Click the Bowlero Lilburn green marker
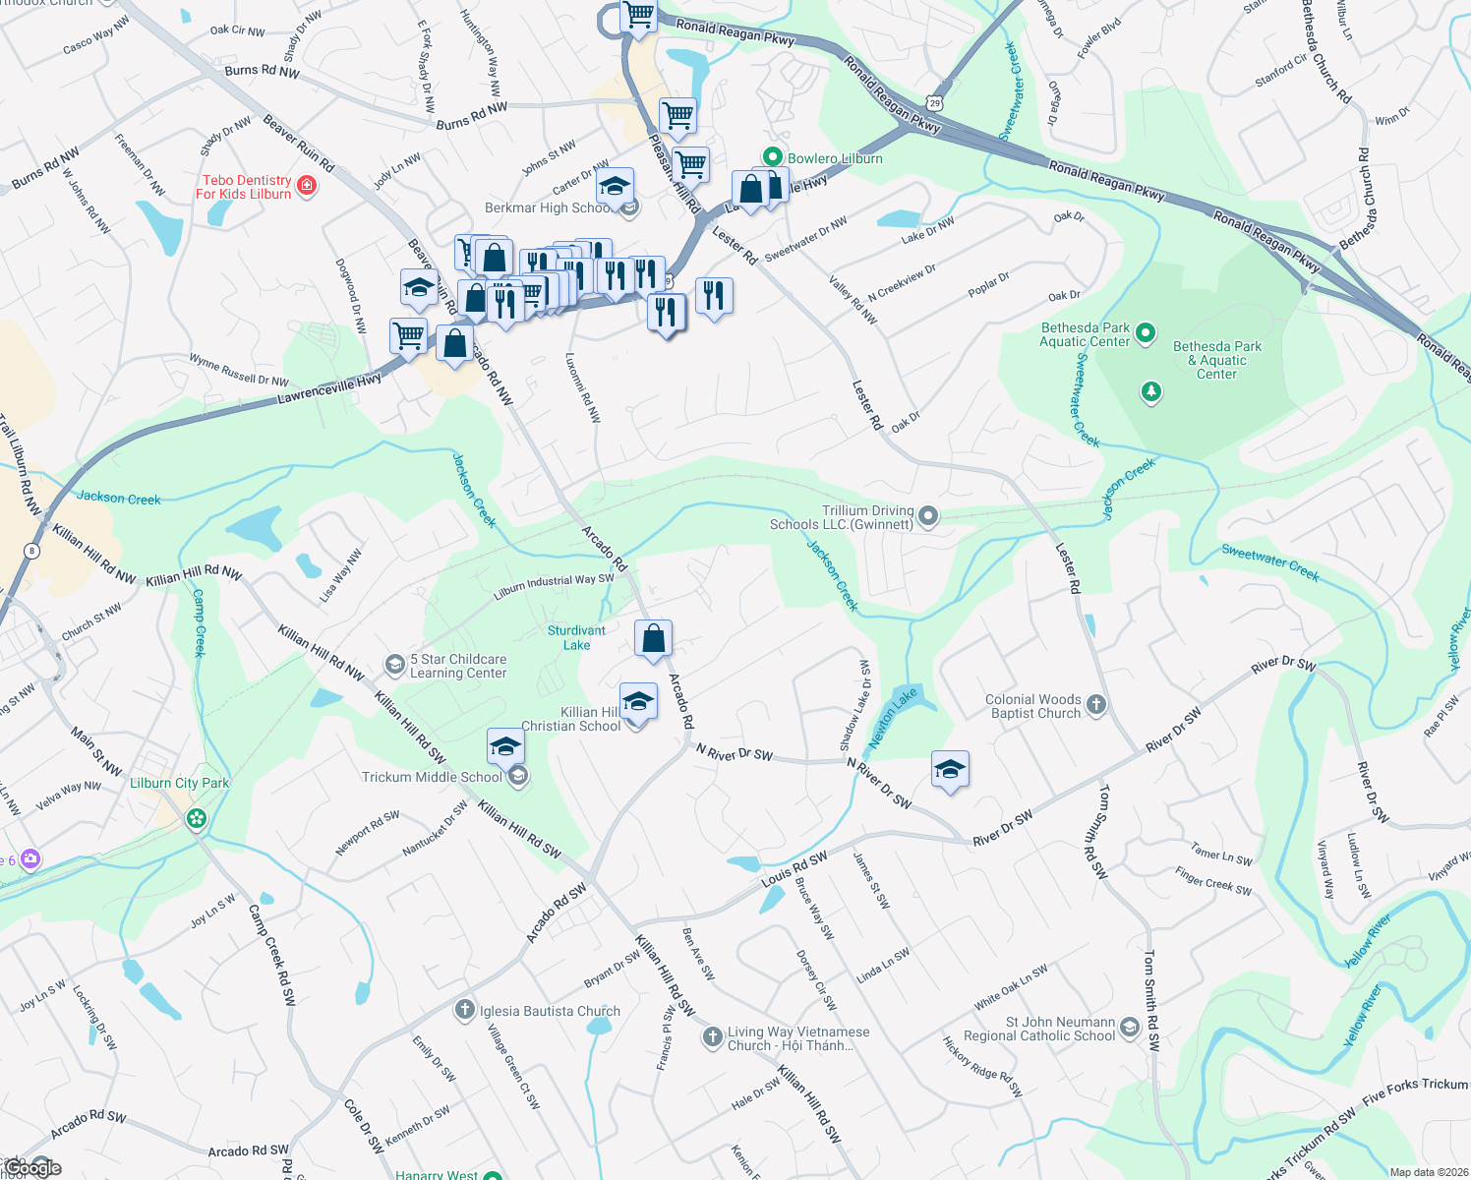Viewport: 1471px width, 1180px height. [773, 157]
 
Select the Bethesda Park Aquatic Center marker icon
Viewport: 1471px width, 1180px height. [1145, 334]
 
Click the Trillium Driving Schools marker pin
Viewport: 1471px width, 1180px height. [927, 516]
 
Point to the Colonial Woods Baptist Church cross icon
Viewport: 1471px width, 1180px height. [1096, 705]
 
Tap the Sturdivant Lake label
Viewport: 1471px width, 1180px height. [576, 638]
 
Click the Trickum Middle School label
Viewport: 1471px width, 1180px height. [432, 777]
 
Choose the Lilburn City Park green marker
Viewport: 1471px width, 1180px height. [197, 818]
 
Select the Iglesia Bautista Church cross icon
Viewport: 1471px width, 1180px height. [465, 1010]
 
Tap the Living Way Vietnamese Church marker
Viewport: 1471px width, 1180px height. [713, 1038]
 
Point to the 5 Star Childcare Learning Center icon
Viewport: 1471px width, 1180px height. [394, 666]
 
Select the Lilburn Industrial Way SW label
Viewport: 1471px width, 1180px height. [554, 587]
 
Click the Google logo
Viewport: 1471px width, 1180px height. [31, 1167]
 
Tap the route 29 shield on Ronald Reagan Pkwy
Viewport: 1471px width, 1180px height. [934, 102]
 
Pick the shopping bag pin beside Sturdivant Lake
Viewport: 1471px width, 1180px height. [654, 640]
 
